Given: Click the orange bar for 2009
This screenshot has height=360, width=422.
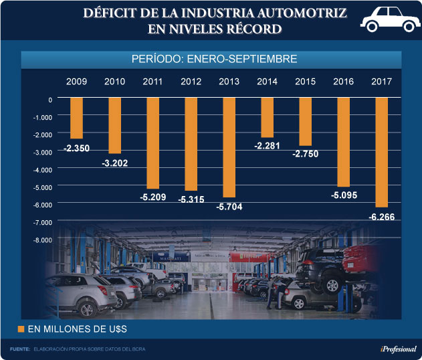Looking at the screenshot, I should click(76, 118).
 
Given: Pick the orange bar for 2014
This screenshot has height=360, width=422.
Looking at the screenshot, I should click(267, 117).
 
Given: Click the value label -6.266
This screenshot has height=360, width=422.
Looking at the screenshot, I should click(381, 216).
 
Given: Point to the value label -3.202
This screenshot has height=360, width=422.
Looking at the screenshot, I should click(114, 163).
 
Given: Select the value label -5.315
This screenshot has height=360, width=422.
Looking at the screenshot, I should click(191, 199).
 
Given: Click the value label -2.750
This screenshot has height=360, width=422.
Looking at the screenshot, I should click(305, 154).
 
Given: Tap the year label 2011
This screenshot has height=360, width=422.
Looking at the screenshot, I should click(152, 82).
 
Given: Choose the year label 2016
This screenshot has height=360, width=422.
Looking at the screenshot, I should click(343, 82).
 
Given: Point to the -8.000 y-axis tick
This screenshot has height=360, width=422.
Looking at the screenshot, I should click(41, 239).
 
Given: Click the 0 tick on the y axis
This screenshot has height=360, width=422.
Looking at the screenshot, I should click(49, 100).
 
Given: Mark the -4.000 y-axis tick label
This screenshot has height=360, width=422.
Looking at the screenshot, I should click(41, 169).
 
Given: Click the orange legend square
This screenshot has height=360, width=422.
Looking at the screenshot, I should click(21, 329).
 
